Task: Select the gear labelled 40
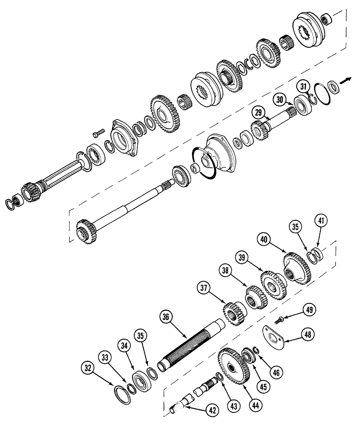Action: point(297,267)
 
